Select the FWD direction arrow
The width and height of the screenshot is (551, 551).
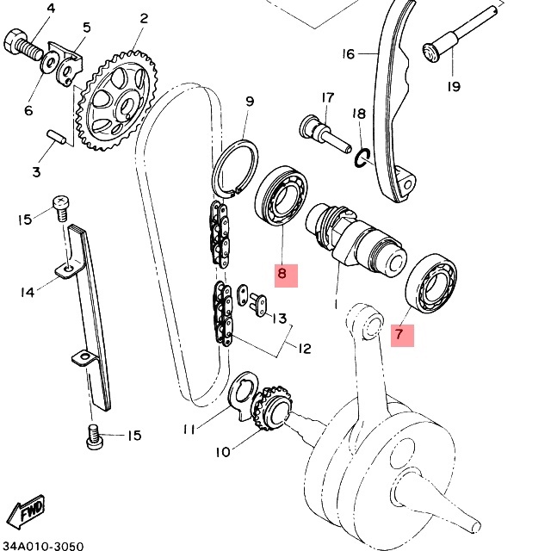[x=27, y=512]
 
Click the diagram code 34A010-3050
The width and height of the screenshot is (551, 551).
[x=42, y=546]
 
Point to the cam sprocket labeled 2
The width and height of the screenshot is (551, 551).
[x=117, y=101]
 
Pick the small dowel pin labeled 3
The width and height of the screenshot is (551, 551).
[x=56, y=137]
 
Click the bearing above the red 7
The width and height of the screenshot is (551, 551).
[x=430, y=283]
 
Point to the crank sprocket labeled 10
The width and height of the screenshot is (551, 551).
[x=273, y=408]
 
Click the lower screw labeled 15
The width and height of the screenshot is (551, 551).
[x=94, y=436]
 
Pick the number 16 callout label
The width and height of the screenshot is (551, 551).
[x=348, y=53]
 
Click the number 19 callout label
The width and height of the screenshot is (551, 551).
[x=454, y=86]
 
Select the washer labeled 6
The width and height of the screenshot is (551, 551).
[x=51, y=62]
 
